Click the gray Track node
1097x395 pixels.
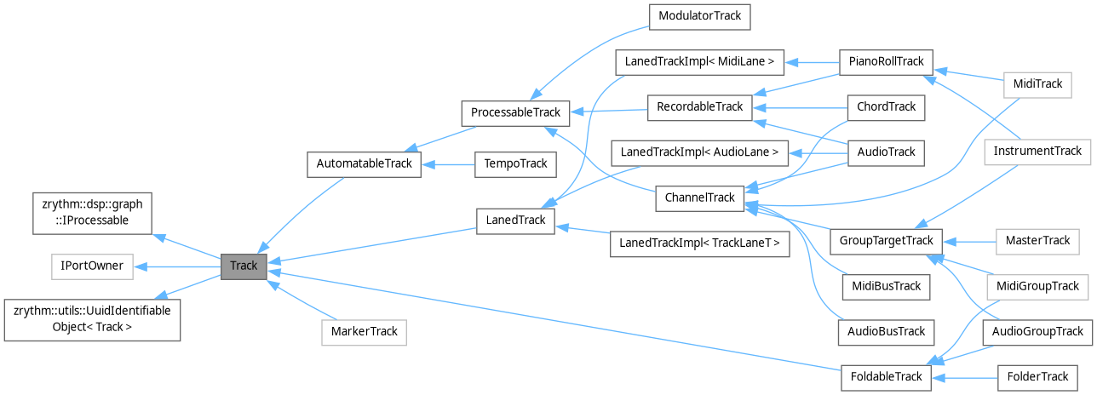(244, 266)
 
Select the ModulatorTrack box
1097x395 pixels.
(699, 16)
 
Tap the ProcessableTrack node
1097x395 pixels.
(511, 112)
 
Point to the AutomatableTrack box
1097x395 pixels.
(364, 163)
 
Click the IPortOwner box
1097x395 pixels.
(92, 266)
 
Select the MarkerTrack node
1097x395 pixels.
(364, 332)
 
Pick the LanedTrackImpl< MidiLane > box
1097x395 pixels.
(699, 62)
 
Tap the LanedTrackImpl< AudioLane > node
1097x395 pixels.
(699, 152)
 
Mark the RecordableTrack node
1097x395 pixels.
(699, 107)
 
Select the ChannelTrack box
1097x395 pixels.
(699, 197)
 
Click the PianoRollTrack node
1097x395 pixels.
(886, 62)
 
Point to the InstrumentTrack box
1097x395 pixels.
(1037, 152)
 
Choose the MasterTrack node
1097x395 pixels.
(1037, 240)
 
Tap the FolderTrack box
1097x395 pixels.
(1037, 376)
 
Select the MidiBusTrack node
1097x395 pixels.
(886, 286)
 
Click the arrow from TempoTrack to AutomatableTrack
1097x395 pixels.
(447, 163)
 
